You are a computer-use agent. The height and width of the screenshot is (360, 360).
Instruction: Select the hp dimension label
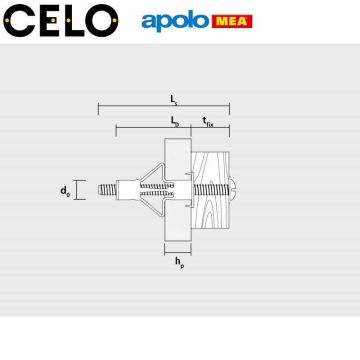coord(178,264)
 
